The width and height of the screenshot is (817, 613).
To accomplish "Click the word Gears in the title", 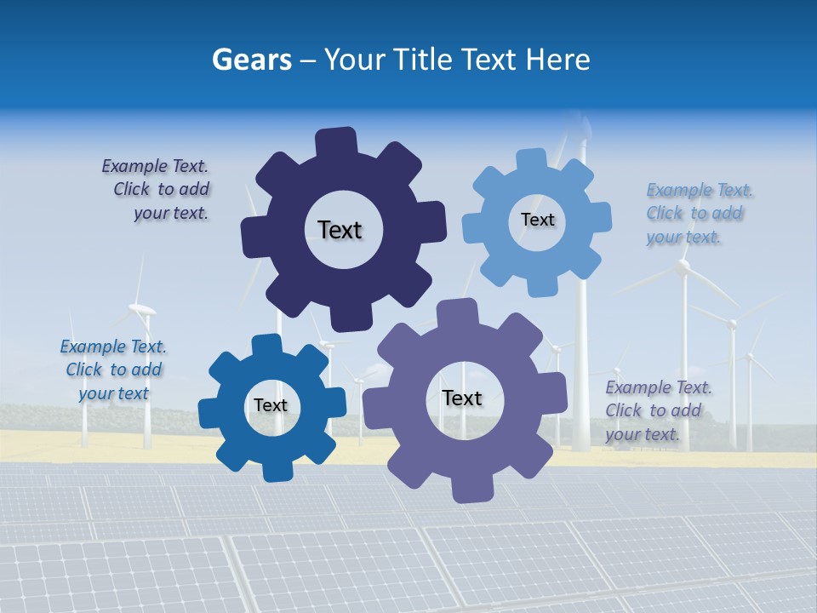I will point(252,60).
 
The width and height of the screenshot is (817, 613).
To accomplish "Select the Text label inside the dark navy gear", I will point(340,230).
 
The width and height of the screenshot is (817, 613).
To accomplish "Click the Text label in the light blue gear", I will point(537,220).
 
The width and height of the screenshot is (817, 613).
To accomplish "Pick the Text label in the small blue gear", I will point(271,405).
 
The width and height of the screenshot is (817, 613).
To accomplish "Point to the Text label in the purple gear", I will point(462,398).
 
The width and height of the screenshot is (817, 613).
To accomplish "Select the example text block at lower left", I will point(113,370).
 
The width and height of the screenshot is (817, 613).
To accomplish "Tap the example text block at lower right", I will point(657,410).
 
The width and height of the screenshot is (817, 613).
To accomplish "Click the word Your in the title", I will point(354,60).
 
